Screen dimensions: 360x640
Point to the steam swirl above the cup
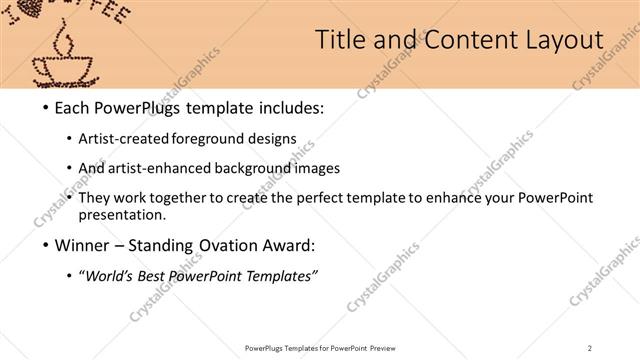65,40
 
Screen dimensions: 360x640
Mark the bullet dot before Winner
45,245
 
